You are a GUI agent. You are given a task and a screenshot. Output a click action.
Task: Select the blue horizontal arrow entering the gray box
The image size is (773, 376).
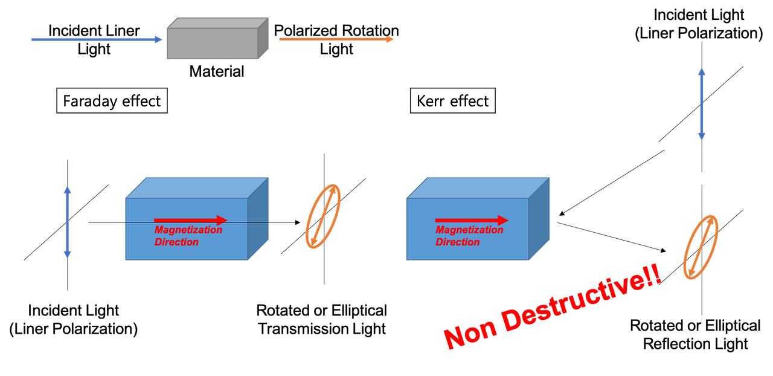pyautogui.click(x=97, y=40)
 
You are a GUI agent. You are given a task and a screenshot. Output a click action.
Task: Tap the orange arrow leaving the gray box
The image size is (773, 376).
pyautogui.click(x=336, y=39)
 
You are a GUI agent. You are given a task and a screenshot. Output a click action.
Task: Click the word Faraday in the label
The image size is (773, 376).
pyautogui.click(x=90, y=101)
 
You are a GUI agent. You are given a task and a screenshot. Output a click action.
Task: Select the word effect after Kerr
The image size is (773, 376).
pyautogui.click(x=470, y=101)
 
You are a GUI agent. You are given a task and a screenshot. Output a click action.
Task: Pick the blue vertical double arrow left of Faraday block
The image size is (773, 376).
pyautogui.click(x=67, y=222)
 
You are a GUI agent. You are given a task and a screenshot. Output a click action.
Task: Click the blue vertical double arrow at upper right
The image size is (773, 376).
pyautogui.click(x=701, y=104)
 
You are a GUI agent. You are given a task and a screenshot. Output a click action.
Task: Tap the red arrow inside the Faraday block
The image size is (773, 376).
pyautogui.click(x=191, y=221)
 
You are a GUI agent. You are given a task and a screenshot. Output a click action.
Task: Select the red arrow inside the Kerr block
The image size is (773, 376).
pyautogui.click(x=472, y=221)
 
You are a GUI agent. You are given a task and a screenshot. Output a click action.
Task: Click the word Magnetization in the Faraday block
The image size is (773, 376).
pyautogui.click(x=188, y=230)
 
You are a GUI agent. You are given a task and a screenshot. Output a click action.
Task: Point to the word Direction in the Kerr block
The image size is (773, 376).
pyautogui.click(x=458, y=242)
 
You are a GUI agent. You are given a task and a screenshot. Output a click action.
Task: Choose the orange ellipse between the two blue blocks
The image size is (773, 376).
pyautogui.click(x=323, y=216)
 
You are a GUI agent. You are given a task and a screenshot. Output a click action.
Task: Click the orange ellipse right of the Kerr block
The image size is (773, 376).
pyautogui.click(x=701, y=247)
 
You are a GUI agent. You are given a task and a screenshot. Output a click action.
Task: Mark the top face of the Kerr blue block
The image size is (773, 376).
pyautogui.click(x=477, y=187)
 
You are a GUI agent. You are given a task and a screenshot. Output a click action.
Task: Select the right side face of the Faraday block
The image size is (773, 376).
pyautogui.click(x=259, y=219)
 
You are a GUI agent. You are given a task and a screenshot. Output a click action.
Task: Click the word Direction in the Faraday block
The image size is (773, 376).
pyautogui.click(x=176, y=242)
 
